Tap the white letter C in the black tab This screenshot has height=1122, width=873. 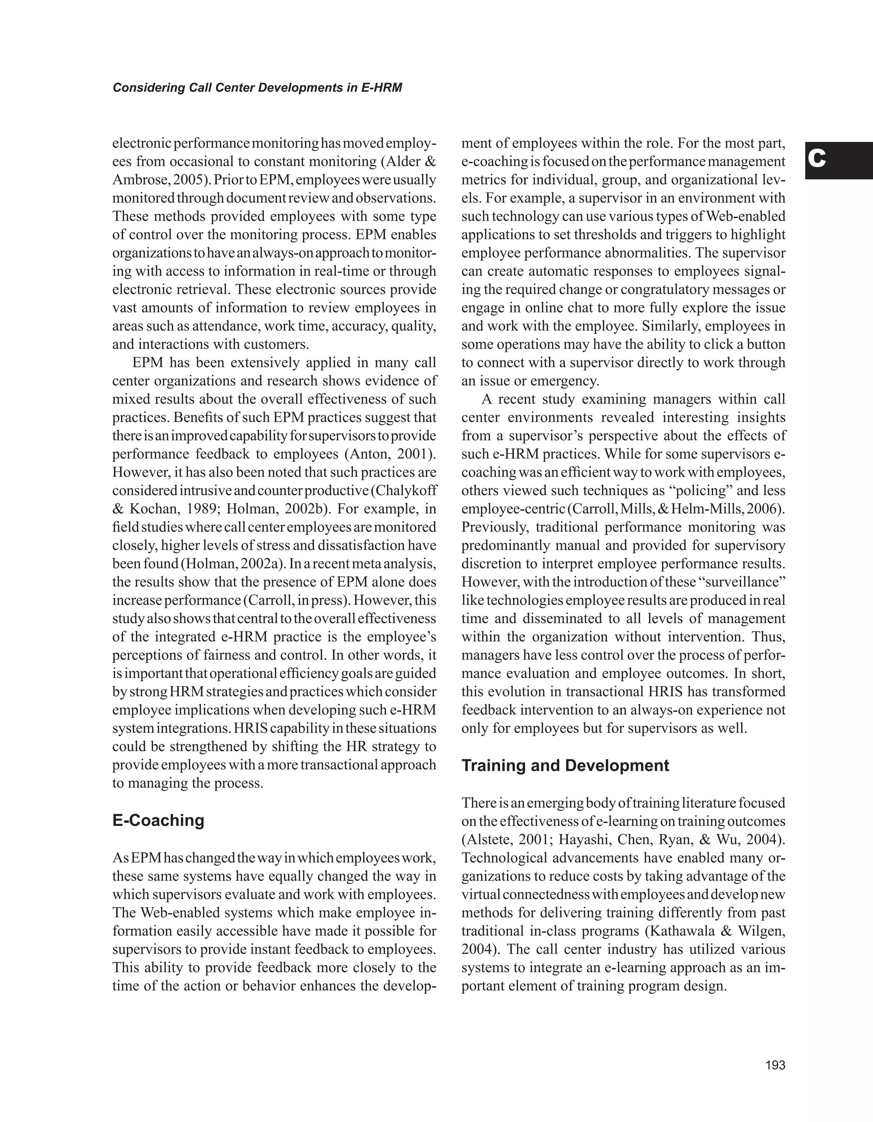[817, 160]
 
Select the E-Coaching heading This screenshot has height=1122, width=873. [158, 820]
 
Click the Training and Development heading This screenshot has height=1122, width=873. [565, 765]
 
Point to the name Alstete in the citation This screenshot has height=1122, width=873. [487, 839]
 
